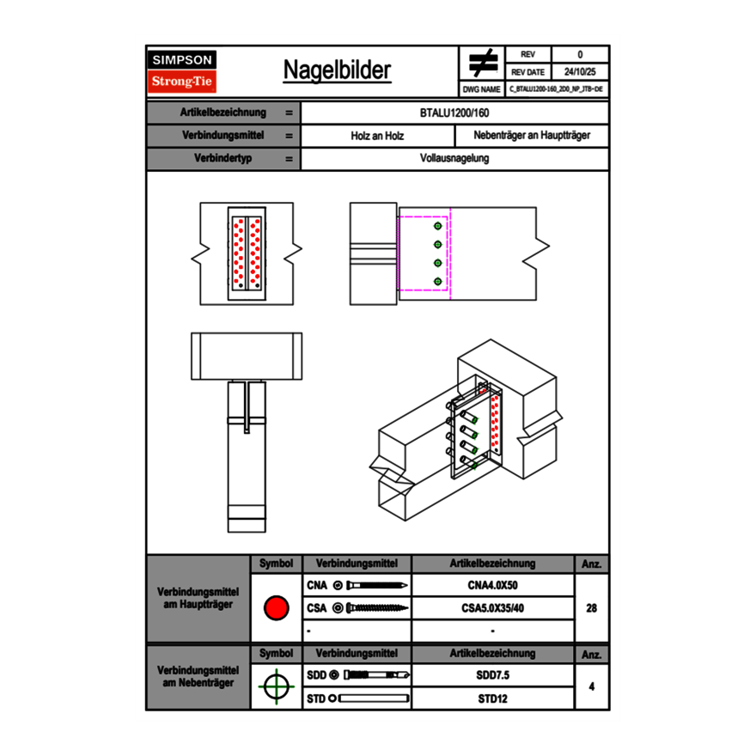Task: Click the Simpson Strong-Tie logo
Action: [x=183, y=71]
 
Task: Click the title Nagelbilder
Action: [x=337, y=70]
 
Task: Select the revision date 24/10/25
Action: [x=580, y=72]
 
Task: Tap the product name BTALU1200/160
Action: [x=455, y=113]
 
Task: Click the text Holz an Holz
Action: [x=377, y=136]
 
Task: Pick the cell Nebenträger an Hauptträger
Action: [x=532, y=136]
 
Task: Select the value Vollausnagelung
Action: [x=455, y=159]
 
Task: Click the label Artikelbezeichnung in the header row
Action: [x=223, y=113]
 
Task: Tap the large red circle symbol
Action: [x=276, y=608]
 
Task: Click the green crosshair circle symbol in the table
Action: [x=276, y=686]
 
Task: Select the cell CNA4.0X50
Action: [x=492, y=586]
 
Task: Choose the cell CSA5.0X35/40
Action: [x=492, y=608]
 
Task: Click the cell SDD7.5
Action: [x=492, y=675]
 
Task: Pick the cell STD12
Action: [x=492, y=698]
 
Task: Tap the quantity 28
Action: [x=591, y=608]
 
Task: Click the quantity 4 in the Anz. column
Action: [x=591, y=686]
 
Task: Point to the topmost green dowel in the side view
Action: [x=438, y=225]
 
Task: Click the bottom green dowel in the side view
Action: [x=438, y=281]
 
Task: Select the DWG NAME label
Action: [x=481, y=88]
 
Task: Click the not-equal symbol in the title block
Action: [x=483, y=64]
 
